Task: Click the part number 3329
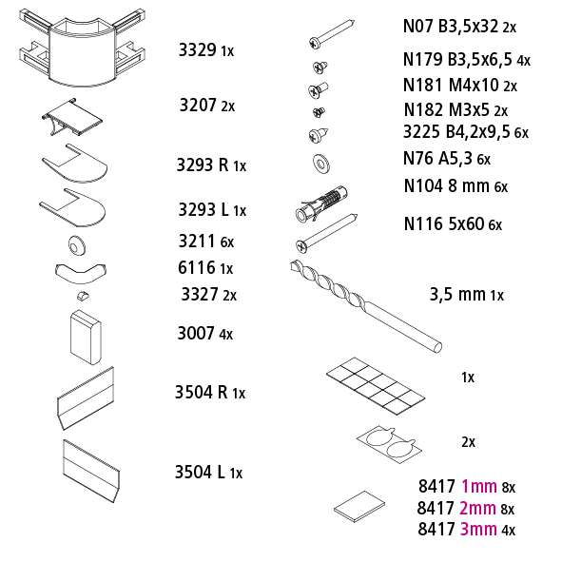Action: pyautogui.click(x=198, y=49)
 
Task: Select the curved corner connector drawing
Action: pyautogui.click(x=82, y=48)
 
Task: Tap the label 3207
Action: pyautogui.click(x=198, y=105)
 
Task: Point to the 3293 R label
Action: pyautogui.click(x=203, y=165)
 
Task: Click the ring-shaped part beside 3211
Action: pyautogui.click(x=76, y=245)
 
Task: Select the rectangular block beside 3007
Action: pyautogui.click(x=86, y=337)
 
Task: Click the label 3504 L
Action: pyautogui.click(x=200, y=472)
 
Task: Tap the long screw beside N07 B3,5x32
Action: pyautogui.click(x=332, y=34)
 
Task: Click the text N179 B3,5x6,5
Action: pyautogui.click(x=457, y=60)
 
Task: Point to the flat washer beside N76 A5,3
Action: pyautogui.click(x=321, y=164)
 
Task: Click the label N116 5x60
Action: pyautogui.click(x=444, y=224)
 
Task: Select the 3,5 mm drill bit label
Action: pyautogui.click(x=457, y=294)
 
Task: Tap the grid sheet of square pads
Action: pyautogui.click(x=376, y=386)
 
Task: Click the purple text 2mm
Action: pyautogui.click(x=477, y=508)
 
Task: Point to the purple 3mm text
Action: pyautogui.click(x=478, y=529)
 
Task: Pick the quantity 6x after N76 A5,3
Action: pyautogui.click(x=483, y=159)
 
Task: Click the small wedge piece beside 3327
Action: pyautogui.click(x=83, y=296)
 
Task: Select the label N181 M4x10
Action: pyautogui.click(x=451, y=85)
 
